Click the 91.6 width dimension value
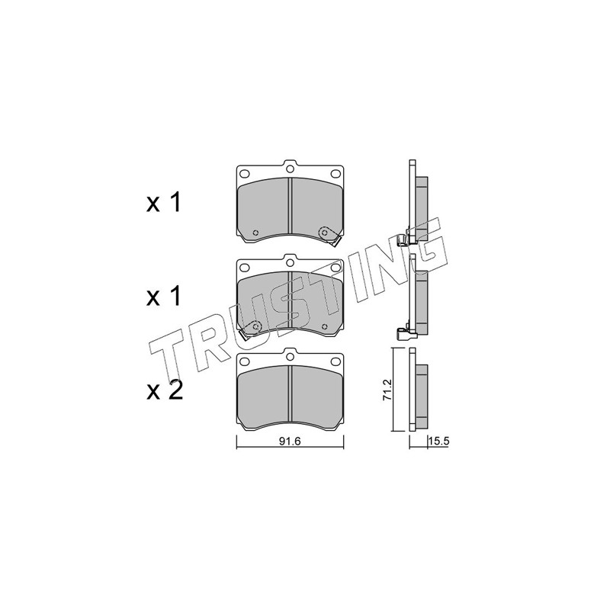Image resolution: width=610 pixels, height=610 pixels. [291, 441]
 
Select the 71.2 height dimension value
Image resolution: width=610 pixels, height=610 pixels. [387, 391]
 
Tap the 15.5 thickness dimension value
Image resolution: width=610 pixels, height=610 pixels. [439, 441]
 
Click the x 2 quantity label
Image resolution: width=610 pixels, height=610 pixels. [164, 391]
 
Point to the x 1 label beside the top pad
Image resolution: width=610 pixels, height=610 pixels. [163, 203]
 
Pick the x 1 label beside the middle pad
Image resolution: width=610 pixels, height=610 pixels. [163, 297]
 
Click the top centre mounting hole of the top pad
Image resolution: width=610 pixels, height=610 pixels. [290, 169]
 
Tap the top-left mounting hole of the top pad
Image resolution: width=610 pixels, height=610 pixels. [244, 173]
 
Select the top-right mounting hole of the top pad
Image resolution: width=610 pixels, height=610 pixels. [335, 173]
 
